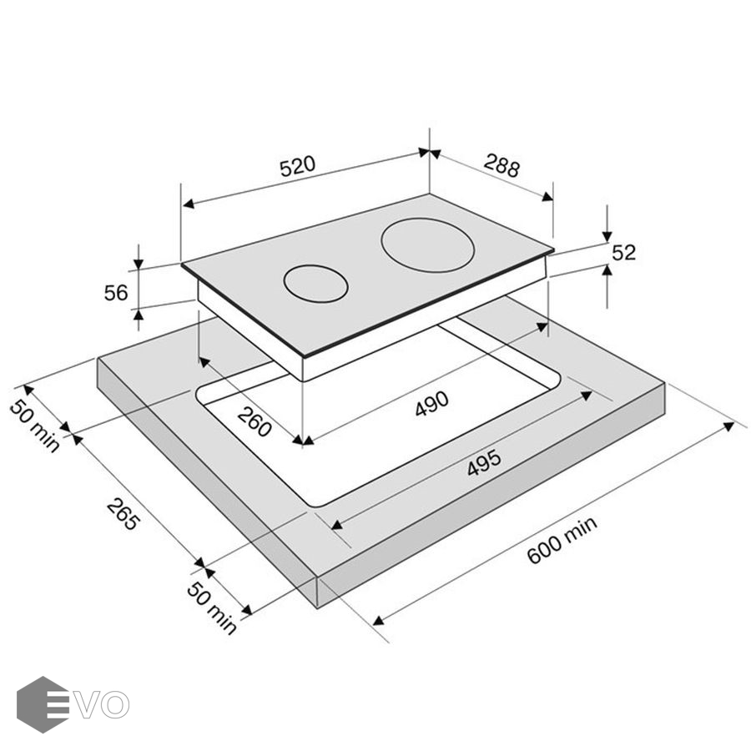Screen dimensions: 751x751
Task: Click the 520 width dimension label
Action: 297,166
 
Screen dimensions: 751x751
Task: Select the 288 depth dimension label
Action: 502,165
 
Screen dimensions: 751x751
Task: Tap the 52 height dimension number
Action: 623,252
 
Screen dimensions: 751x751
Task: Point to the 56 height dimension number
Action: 116,293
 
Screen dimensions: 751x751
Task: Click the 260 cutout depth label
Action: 255,421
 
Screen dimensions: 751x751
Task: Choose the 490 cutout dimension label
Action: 432,403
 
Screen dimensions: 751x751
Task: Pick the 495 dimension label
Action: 484,462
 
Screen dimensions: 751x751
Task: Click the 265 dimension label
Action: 123,514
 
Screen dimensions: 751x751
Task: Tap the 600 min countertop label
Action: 562,540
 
